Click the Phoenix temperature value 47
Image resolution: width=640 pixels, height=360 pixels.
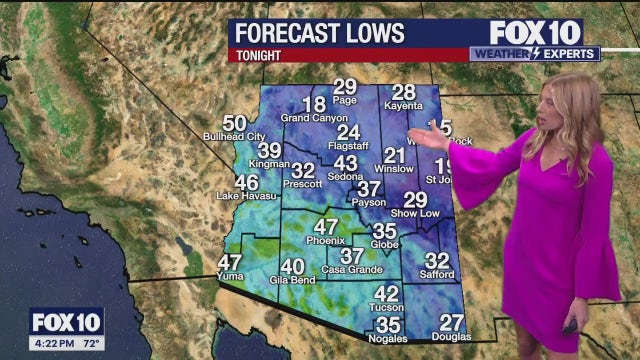pos(326,227)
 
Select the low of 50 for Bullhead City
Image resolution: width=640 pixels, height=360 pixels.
pos(234,123)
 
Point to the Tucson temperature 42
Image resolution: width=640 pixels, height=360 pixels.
pos(386,293)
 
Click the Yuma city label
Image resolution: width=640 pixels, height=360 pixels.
pos(229,275)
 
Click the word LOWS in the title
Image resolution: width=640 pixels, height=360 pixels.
pos(368,33)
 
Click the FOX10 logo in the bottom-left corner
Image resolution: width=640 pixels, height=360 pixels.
pos(66,322)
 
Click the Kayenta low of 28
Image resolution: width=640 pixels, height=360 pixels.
pos(403,92)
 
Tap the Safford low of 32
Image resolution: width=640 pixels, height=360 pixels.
pos(437,261)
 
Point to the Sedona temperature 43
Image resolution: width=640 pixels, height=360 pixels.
pos(345,163)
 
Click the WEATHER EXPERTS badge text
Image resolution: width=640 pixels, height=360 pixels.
pos(533,53)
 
